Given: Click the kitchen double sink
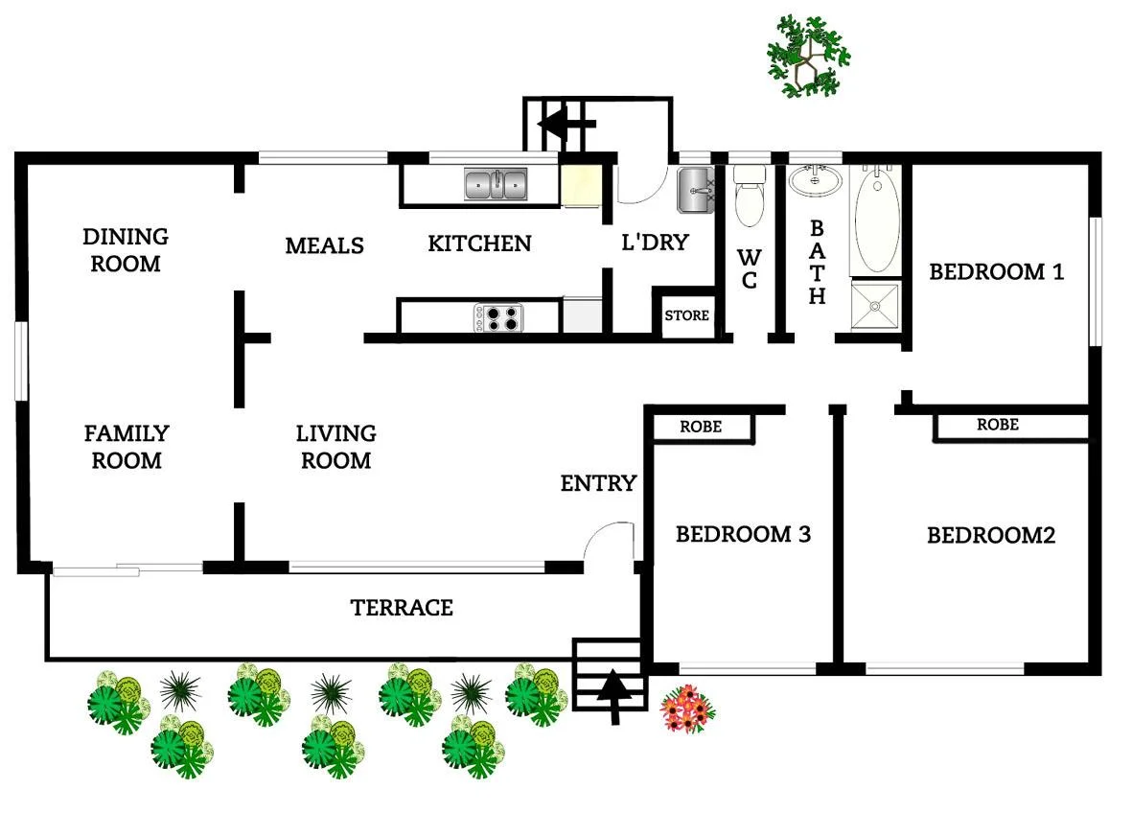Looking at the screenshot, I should [x=496, y=183].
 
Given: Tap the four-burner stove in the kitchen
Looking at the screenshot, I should [x=498, y=317].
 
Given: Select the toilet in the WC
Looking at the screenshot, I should [x=748, y=196].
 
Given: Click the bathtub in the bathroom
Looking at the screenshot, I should [x=877, y=221].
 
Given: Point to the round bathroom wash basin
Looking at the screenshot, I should [x=815, y=179].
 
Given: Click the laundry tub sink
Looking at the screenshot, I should [x=694, y=190].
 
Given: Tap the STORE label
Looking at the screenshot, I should [x=687, y=315].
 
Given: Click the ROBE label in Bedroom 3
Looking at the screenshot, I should [x=701, y=427].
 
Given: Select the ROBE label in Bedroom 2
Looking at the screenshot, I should [x=997, y=425].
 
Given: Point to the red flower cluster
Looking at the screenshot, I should [x=688, y=709].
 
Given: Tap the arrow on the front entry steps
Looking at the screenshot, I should [x=610, y=694].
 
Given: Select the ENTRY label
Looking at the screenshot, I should [x=598, y=483].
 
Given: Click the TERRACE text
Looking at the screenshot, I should [x=401, y=608].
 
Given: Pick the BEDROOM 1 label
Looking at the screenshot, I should [x=996, y=271].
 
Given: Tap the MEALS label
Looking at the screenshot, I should [x=324, y=245].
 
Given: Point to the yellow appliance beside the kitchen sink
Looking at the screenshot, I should [x=579, y=185].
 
